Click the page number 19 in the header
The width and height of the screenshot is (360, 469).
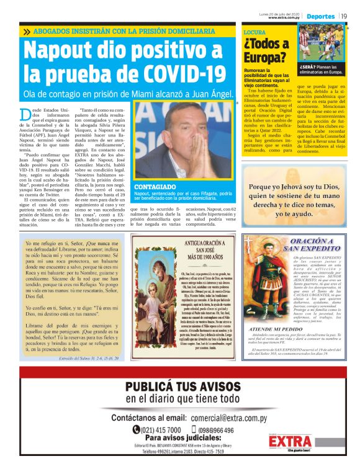tap(345, 15)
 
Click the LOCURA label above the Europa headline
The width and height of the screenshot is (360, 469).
tap(254, 31)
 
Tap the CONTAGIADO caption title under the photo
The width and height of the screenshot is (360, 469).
tap(156, 185)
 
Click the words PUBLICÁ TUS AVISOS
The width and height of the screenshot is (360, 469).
tap(180, 386)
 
